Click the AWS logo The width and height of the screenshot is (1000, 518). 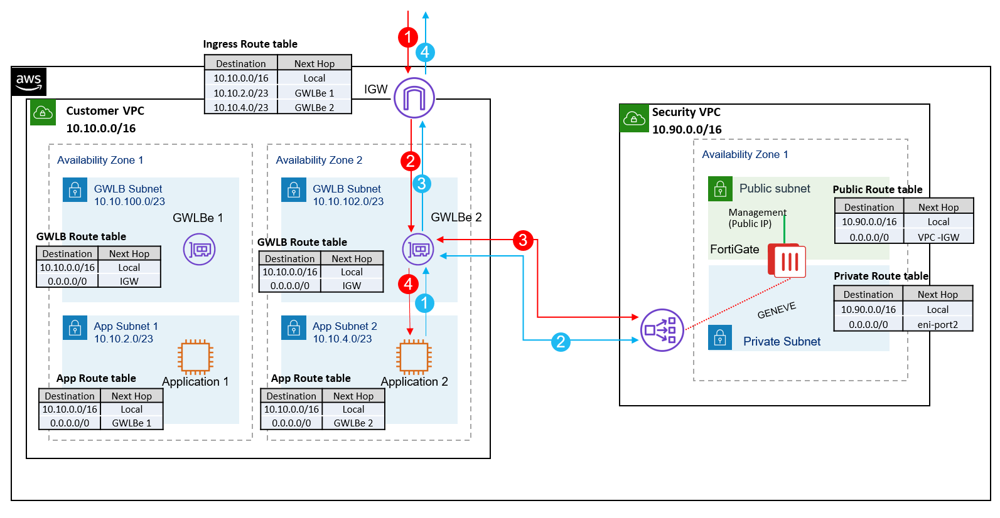[x=29, y=82]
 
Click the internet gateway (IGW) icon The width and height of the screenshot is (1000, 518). [x=414, y=98]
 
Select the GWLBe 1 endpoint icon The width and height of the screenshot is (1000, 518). [x=200, y=250]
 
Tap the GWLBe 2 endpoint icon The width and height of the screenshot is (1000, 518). [x=418, y=249]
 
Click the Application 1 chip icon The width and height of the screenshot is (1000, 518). [x=195, y=357]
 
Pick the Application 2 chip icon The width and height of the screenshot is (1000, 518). [x=414, y=357]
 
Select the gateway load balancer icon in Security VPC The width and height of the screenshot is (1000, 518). [x=661, y=330]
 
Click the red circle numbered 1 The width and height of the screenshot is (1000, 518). [x=408, y=37]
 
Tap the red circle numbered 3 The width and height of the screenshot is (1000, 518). [x=523, y=240]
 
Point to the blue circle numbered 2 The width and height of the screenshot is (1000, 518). [x=561, y=342]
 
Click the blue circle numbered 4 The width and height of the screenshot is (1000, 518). [x=425, y=52]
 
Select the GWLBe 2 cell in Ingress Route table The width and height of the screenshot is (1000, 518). [x=315, y=107]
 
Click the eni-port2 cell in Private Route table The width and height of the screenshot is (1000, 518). [x=937, y=324]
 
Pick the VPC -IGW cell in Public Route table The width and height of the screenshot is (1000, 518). [x=938, y=237]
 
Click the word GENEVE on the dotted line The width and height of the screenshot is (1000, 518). [x=777, y=310]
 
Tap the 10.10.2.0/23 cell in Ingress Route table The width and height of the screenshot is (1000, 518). [x=241, y=93]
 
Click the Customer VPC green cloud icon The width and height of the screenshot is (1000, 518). [x=43, y=113]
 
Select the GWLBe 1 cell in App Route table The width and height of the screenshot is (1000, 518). [x=131, y=423]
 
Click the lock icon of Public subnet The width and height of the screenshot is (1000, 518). [x=720, y=189]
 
